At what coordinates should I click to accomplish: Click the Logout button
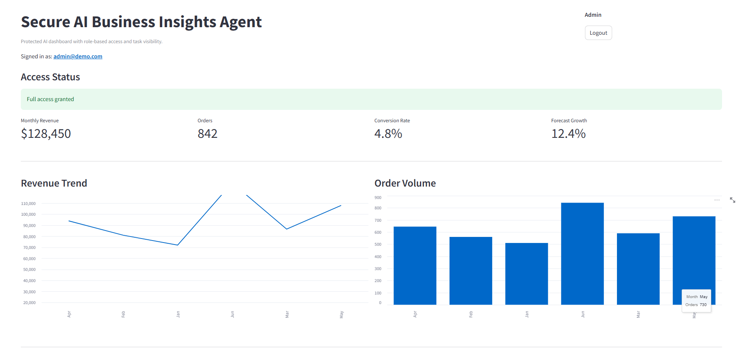click(x=598, y=33)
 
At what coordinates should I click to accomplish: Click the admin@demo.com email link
click(x=78, y=56)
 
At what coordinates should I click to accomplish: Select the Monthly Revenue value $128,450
click(x=46, y=133)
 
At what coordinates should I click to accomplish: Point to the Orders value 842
click(x=207, y=133)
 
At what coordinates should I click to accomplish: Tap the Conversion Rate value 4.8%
click(x=388, y=133)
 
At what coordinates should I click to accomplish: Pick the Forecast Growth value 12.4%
click(x=568, y=133)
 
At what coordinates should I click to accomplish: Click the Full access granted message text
click(x=50, y=99)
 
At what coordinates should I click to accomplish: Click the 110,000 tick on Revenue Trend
click(x=28, y=203)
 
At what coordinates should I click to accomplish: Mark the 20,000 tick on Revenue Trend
click(x=29, y=302)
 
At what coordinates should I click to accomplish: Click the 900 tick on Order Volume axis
click(x=378, y=197)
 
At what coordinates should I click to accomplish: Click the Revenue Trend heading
click(x=54, y=183)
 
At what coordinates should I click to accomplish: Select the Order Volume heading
click(x=405, y=183)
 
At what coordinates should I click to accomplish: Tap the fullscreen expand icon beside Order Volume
click(x=732, y=200)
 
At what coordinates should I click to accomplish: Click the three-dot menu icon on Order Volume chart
click(x=717, y=200)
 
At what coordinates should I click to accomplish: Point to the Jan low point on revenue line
click(x=177, y=245)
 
